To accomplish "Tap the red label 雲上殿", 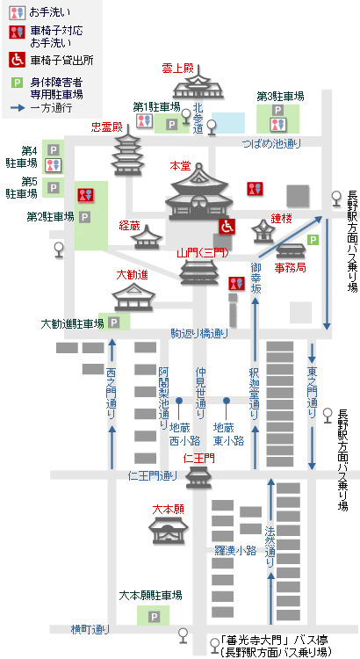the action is [176, 69].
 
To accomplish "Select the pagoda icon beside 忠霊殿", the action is [127, 154].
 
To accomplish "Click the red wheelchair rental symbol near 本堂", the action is [227, 226].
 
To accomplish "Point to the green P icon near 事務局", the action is [313, 240].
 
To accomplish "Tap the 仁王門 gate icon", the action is [198, 476].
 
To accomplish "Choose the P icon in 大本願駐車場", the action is [155, 617].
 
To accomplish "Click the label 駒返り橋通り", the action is [199, 334].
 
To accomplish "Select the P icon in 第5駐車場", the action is [53, 187].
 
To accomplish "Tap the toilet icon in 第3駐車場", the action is [277, 124].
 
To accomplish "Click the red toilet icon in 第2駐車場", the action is [85, 195].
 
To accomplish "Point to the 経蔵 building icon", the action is [147, 237].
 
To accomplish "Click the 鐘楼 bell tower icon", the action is [263, 232].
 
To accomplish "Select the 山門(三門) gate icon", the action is [199, 272].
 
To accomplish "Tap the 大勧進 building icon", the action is [133, 296].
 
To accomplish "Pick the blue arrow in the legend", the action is [19, 108].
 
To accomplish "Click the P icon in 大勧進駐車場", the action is [114, 322].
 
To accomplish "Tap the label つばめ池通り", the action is [271, 144].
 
